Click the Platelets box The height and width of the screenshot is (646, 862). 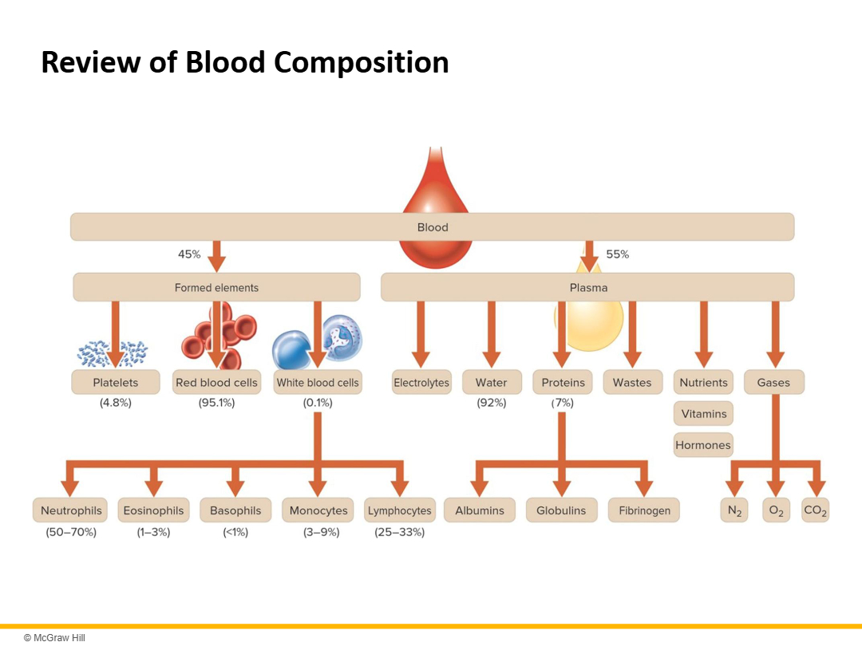pyautogui.click(x=116, y=383)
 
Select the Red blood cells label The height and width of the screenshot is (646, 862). pyautogui.click(x=216, y=383)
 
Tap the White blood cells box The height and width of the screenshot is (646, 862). pyautogui.click(x=318, y=383)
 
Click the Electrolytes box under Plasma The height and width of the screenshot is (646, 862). pyautogui.click(x=421, y=383)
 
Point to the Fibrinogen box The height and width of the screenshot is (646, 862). pyautogui.click(x=644, y=510)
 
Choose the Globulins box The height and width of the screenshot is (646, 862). pyautogui.click(x=561, y=510)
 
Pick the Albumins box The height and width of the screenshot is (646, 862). pyautogui.click(x=480, y=510)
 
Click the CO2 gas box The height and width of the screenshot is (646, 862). pyautogui.click(x=815, y=510)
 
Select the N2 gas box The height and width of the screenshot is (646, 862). pyautogui.click(x=734, y=510)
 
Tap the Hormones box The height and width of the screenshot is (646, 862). pyautogui.click(x=703, y=445)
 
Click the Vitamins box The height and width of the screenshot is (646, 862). pyautogui.click(x=703, y=414)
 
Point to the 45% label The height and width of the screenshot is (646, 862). pyautogui.click(x=189, y=254)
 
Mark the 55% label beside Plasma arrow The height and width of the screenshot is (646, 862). pyautogui.click(x=617, y=254)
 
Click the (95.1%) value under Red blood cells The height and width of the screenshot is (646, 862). pyautogui.click(x=216, y=403)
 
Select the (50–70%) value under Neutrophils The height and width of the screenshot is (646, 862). pyautogui.click(x=71, y=532)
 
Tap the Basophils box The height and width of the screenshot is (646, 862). pyautogui.click(x=235, y=510)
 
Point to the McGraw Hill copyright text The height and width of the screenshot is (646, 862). pyautogui.click(x=54, y=637)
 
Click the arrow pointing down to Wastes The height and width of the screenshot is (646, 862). pyautogui.click(x=633, y=335)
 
